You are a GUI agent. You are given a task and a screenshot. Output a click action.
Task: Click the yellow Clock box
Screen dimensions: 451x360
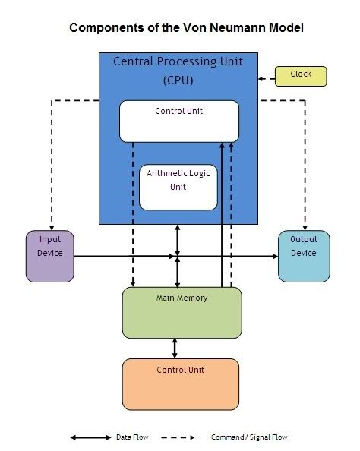pyautogui.click(x=301, y=76)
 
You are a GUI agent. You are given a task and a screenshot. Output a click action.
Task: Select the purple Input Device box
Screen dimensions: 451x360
pyautogui.click(x=51, y=256)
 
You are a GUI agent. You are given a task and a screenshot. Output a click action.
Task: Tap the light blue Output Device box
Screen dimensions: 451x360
pyautogui.click(x=304, y=256)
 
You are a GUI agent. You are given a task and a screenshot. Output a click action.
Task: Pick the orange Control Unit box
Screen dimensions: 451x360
pyautogui.click(x=181, y=384)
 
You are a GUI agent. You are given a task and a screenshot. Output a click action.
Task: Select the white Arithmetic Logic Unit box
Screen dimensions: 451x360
pyautogui.click(x=178, y=186)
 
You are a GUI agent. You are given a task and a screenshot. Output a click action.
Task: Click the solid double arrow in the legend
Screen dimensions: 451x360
pyautogui.click(x=90, y=437)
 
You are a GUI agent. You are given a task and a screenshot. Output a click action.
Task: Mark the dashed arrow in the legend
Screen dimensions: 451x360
pyautogui.click(x=175, y=437)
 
